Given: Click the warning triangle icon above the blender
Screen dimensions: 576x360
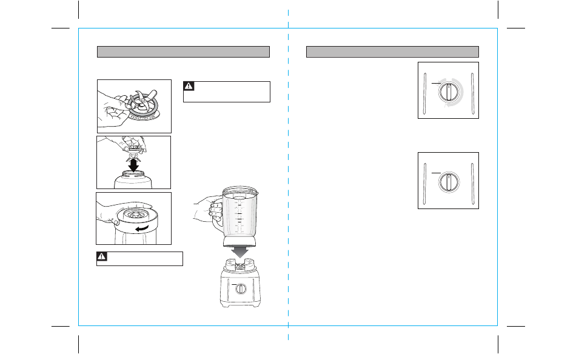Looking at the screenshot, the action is pyautogui.click(x=189, y=86).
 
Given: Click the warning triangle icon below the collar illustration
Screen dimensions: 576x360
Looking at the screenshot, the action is pyautogui.click(x=102, y=258).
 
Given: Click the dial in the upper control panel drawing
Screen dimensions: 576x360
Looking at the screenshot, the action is pyautogui.click(x=448, y=93).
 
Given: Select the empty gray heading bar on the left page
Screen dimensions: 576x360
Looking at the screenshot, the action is pyautogui.click(x=183, y=52).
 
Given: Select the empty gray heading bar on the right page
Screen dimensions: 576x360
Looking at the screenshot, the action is pyautogui.click(x=392, y=52).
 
